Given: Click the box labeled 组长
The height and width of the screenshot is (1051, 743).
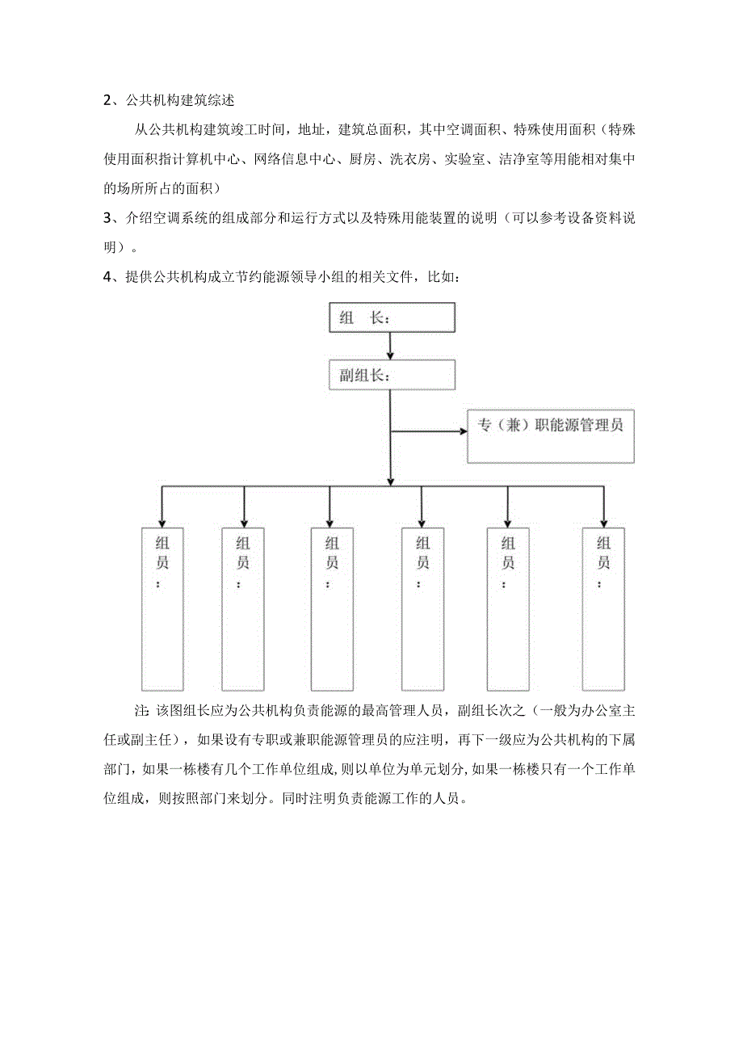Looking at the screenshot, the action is point(392,317).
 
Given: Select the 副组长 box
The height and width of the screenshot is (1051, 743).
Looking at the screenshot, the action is point(392,376).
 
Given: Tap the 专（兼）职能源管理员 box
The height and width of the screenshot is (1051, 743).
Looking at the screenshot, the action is point(550,435).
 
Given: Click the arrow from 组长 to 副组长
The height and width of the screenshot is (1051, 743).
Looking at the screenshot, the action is point(391,346).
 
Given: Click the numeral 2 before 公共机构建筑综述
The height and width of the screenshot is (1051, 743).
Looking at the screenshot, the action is point(107,101).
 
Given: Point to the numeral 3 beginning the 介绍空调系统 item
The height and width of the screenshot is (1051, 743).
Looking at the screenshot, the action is point(107,220).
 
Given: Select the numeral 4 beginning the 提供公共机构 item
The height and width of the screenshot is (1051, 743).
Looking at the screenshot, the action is point(107,278).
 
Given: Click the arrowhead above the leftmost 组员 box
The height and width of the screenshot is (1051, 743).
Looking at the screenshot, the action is point(162,520).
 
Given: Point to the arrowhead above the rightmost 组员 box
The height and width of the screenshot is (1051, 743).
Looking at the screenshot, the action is point(603,520).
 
